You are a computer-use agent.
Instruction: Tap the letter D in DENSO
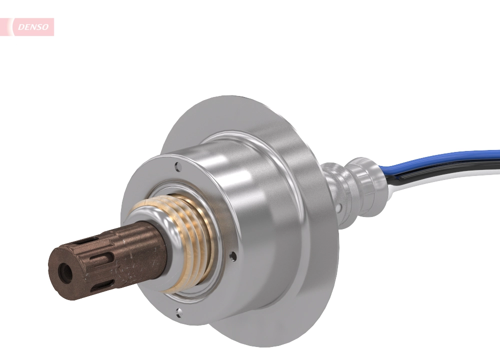click(20, 27)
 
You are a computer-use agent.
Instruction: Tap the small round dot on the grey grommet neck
click(340, 206)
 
